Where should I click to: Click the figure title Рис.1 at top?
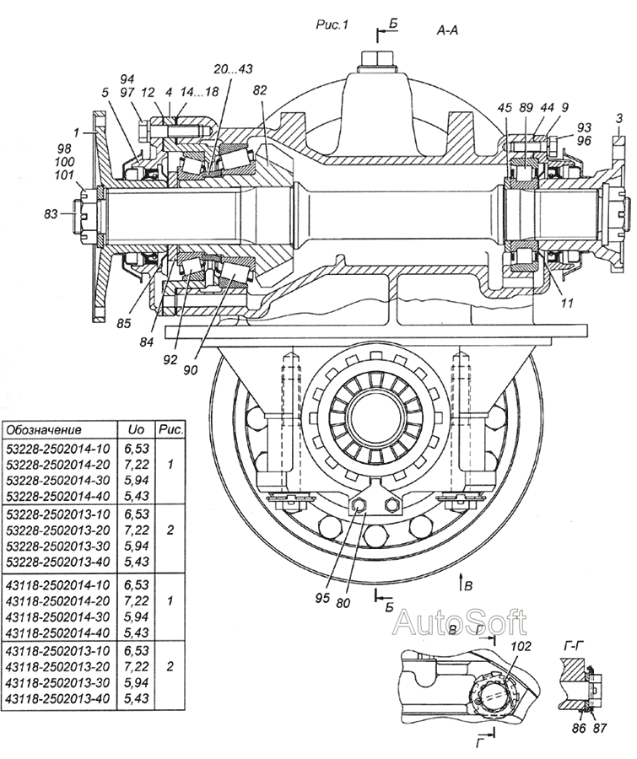coord(332,25)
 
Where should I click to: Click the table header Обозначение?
coord(40,429)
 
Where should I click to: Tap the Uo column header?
coord(135,429)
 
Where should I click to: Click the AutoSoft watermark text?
coord(460,623)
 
